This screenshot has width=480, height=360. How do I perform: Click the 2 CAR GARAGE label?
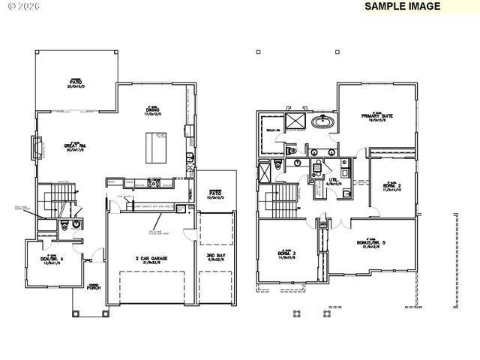(151, 259)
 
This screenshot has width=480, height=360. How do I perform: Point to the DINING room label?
(152, 112)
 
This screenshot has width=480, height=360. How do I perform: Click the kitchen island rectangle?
(156, 147)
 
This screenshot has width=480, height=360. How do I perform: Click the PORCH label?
(94, 286)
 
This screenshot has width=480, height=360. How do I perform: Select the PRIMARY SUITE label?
(377, 116)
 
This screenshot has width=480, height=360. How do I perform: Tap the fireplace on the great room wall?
(34, 148)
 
